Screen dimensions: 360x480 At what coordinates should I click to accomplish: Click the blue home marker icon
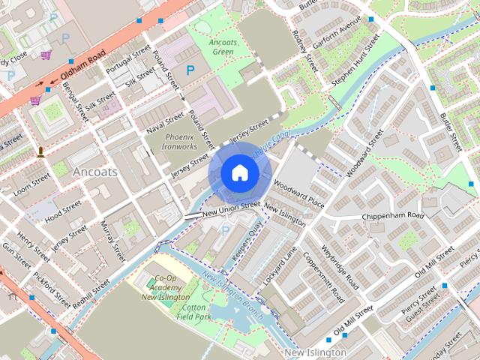239,173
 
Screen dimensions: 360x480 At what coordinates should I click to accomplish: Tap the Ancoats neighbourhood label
95,172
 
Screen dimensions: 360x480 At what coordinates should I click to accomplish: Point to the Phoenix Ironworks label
179,142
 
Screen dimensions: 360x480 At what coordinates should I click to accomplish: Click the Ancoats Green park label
223,47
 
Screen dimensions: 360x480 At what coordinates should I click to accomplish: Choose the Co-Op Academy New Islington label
165,288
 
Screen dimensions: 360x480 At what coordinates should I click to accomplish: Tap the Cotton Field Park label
193,313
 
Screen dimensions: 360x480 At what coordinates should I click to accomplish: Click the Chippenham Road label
393,216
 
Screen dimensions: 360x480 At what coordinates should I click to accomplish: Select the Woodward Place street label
298,193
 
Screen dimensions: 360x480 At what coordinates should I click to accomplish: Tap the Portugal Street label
129,60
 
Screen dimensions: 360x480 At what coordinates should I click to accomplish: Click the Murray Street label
112,241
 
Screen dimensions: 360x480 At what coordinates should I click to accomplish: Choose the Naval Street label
165,121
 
